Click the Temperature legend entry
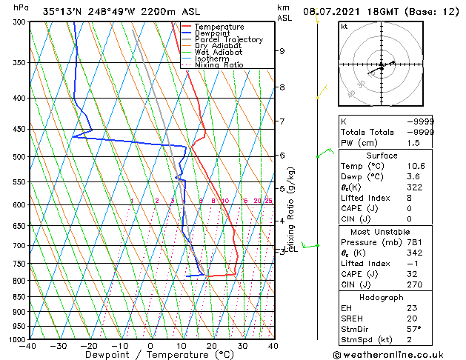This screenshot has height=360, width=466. point(216,27)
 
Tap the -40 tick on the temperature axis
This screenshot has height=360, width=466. point(29,346)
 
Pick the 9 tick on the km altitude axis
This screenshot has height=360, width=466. point(282,51)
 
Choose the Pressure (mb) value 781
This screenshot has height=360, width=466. point(413,241)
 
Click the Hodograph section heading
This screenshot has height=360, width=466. point(382,296)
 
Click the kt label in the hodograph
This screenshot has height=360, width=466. point(344,27)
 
